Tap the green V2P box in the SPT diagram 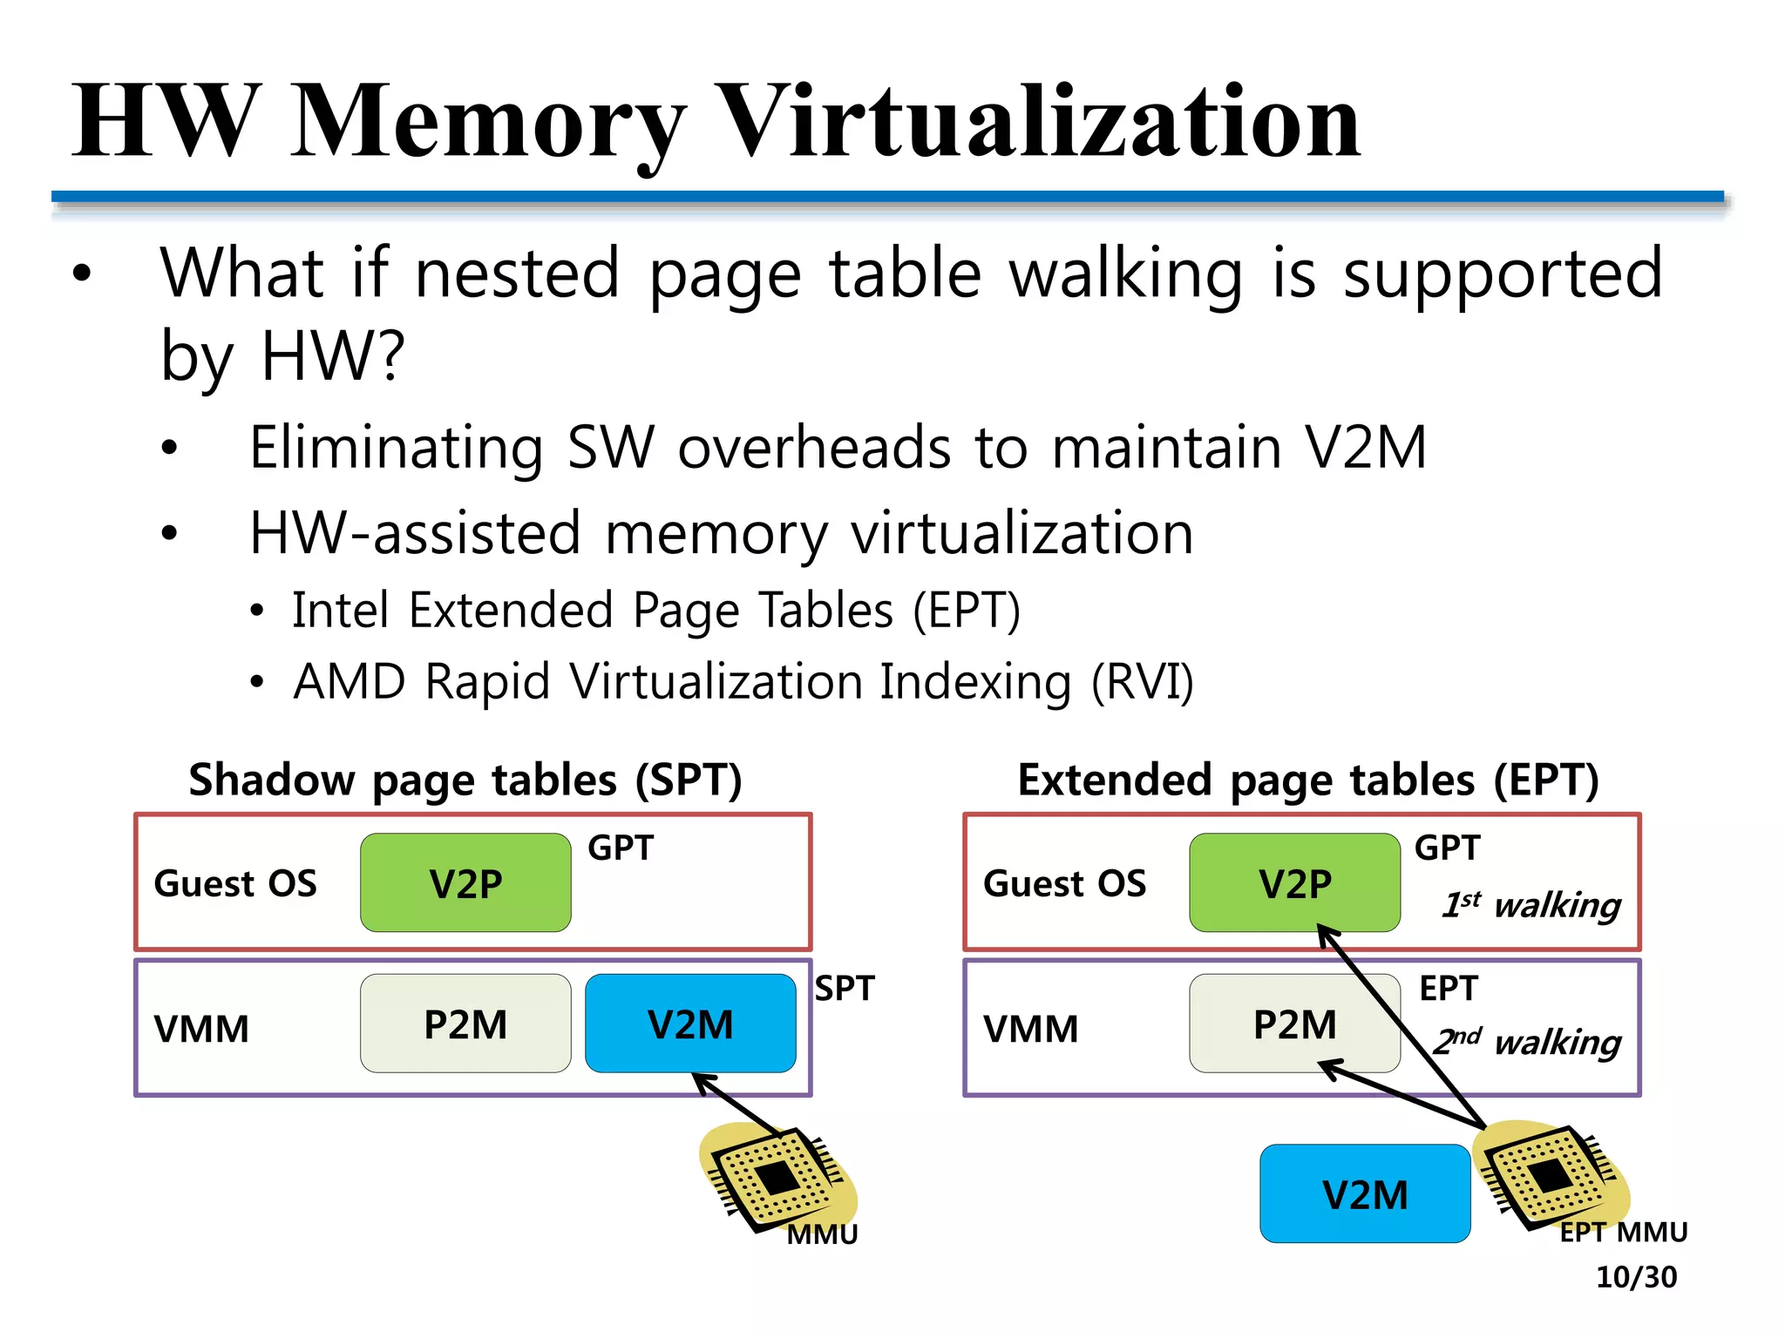pos(465,882)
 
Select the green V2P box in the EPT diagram pos(1294,882)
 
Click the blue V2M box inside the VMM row pos(690,1024)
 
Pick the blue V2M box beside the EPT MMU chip pos(1364,1193)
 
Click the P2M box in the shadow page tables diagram pos(465,1024)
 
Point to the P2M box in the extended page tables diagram pos(1294,1024)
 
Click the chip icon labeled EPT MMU pos(1547,1176)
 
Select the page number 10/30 pos(1636,1277)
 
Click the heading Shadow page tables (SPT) pos(465,780)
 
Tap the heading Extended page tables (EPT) pos(1307,780)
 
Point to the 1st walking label pos(1531,905)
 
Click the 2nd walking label pos(1527,1041)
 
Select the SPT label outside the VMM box pos(844,989)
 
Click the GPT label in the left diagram pos(620,848)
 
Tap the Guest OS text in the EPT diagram pos(1064,883)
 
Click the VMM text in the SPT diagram pos(201,1029)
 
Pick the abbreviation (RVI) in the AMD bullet pos(1142,681)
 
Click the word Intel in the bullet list pos(340,610)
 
